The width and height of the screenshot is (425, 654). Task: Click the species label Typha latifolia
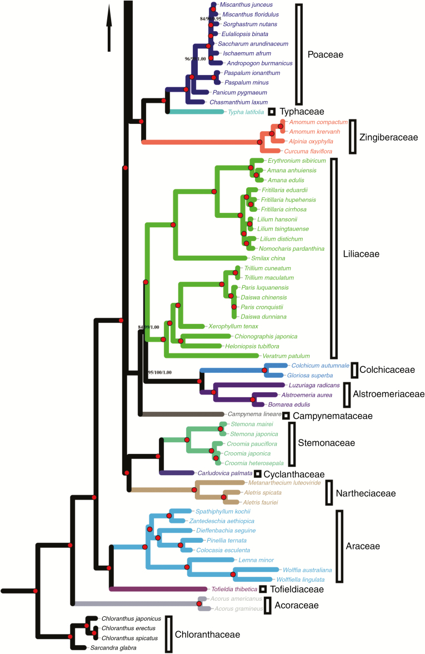[x=246, y=112]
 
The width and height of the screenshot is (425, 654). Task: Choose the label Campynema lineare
[x=254, y=414]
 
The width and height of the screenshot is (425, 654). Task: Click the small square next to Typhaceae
[x=272, y=112]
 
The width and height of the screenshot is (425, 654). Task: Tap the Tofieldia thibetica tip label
[x=234, y=589]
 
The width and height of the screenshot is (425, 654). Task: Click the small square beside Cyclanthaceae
[x=258, y=474]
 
